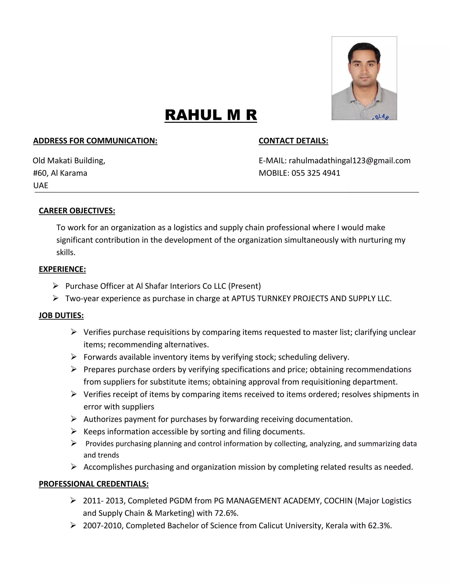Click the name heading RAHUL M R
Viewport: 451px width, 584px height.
click(x=211, y=115)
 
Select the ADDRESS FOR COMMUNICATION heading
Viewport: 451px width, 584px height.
click(x=95, y=141)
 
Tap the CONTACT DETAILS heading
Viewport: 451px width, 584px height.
click(x=293, y=141)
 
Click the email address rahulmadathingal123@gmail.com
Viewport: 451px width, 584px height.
click(x=349, y=160)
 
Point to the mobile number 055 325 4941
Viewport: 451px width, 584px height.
click(x=316, y=173)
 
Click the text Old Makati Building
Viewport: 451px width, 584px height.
click(x=69, y=160)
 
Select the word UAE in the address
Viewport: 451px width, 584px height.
click(x=41, y=185)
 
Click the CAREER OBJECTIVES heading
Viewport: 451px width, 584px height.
click(x=77, y=211)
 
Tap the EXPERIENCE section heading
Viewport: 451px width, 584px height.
click(x=62, y=269)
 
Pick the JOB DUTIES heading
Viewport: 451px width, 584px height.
click(x=61, y=315)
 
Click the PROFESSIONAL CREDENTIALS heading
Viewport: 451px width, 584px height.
click(x=94, y=484)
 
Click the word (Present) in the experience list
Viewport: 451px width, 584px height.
click(x=244, y=286)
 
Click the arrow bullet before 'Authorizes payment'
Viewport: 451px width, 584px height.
click(x=74, y=419)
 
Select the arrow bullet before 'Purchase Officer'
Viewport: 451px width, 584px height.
click(x=55, y=286)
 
